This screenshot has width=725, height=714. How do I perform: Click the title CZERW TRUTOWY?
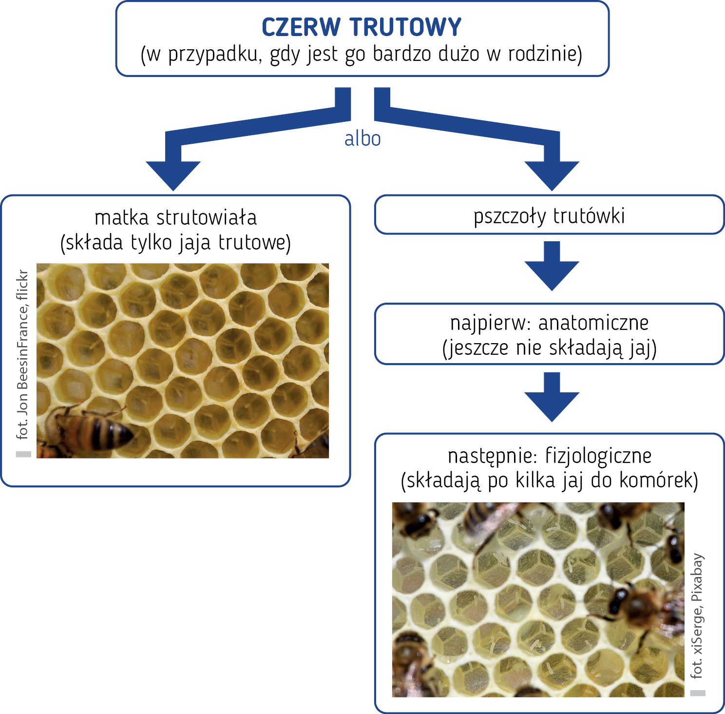[x=362, y=27]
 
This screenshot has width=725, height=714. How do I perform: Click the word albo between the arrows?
[x=362, y=139]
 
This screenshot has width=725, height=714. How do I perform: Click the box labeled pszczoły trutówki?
[x=549, y=215]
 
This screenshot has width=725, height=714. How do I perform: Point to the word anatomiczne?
[x=593, y=323]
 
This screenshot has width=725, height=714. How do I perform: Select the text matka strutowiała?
[x=175, y=217]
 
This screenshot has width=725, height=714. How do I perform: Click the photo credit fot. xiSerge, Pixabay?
[x=697, y=616]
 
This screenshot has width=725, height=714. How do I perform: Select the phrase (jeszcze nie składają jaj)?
[x=549, y=348]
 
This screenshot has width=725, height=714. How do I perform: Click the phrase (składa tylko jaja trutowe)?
[x=175, y=243]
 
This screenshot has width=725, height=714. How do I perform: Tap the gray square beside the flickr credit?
[x=23, y=454]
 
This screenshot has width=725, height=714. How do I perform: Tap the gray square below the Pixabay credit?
[x=698, y=693]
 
